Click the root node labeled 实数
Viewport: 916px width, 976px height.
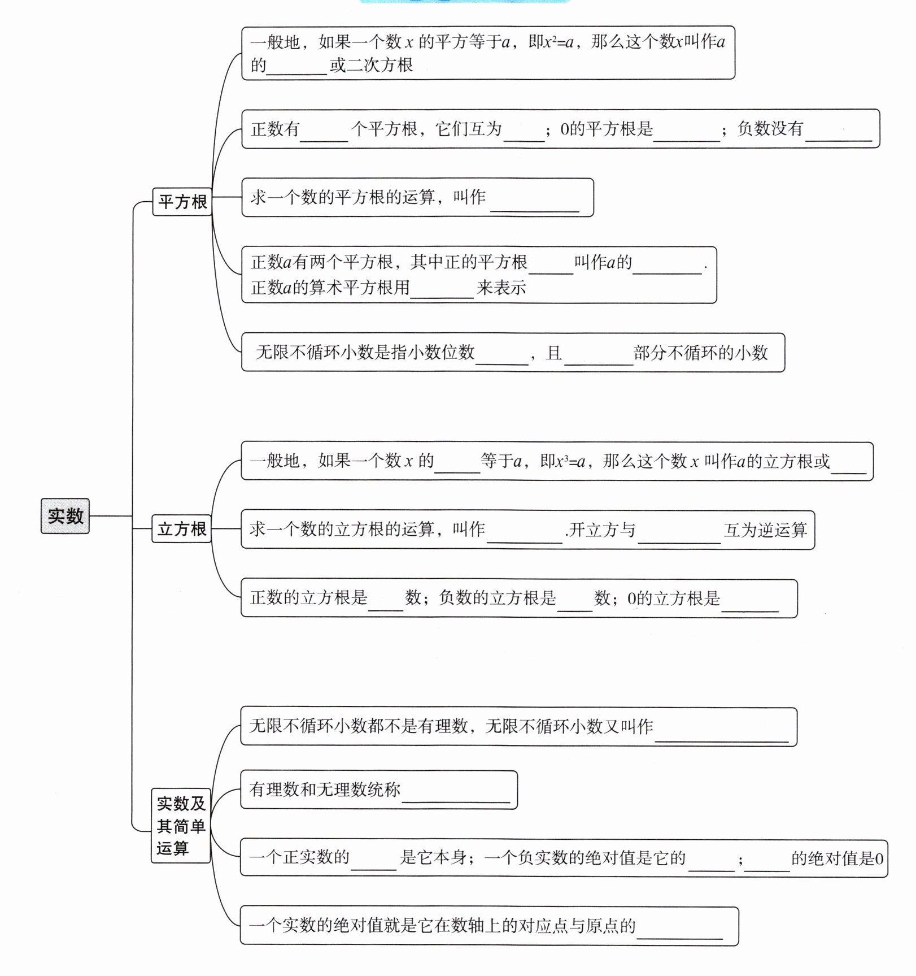[65, 515]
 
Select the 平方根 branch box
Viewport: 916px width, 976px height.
[182, 202]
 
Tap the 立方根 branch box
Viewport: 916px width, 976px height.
[181, 529]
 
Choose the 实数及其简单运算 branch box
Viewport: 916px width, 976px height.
[181, 826]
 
